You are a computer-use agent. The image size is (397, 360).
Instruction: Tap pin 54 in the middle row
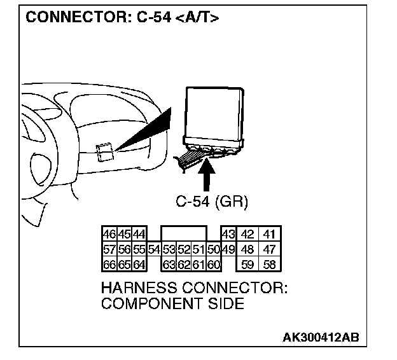click(x=153, y=249)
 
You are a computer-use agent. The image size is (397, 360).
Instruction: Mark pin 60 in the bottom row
click(x=214, y=263)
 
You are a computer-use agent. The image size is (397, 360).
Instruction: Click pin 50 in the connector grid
click(x=214, y=249)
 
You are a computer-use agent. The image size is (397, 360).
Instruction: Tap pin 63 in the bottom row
click(x=169, y=263)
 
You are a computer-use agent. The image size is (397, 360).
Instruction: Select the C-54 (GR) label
click(x=212, y=202)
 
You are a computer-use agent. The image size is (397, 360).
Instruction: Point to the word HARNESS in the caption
click(x=138, y=289)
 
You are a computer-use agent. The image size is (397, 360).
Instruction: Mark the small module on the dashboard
click(x=105, y=153)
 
